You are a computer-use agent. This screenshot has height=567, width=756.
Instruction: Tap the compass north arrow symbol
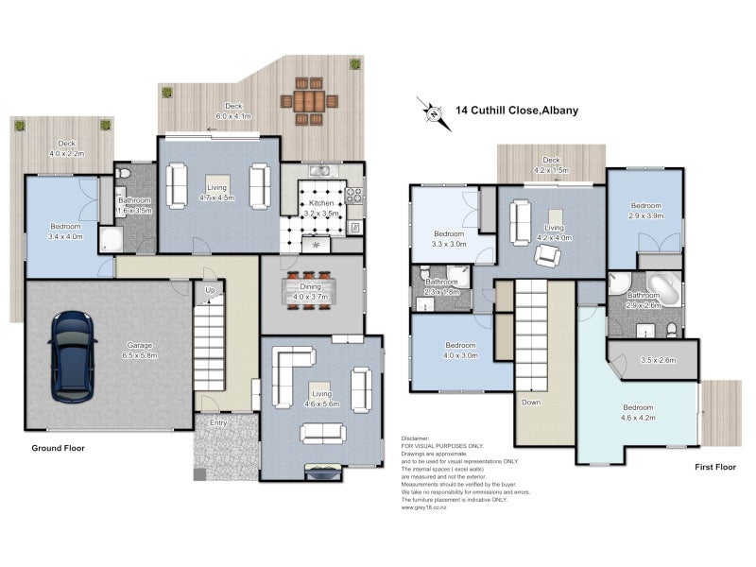pyautogui.click(x=433, y=112)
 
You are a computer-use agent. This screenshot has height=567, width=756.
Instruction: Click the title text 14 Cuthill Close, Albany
pyautogui.click(x=517, y=110)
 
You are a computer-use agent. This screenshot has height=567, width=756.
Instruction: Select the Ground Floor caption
pyautogui.click(x=59, y=448)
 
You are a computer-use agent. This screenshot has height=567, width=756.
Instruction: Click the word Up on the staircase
pyautogui.click(x=209, y=289)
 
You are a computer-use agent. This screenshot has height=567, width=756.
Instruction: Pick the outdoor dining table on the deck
pyautogui.click(x=308, y=100)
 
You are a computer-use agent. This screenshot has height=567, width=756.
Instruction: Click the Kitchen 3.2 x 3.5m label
pyautogui.click(x=318, y=207)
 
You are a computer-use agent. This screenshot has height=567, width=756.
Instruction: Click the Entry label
pyautogui.click(x=218, y=424)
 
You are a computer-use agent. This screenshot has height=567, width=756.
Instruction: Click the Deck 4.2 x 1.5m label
pyautogui.click(x=550, y=166)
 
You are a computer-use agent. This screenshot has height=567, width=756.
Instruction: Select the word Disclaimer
pyautogui.click(x=415, y=438)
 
